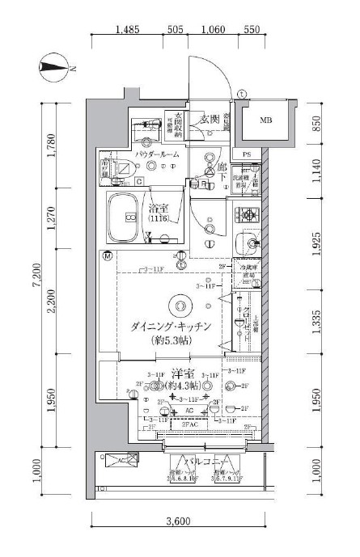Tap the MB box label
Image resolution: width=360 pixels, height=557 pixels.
tap(265, 121)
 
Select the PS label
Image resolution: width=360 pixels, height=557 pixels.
tap(247, 153)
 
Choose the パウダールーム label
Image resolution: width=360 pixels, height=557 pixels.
tap(156, 154)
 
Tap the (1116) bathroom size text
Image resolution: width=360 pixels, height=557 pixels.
tap(159, 219)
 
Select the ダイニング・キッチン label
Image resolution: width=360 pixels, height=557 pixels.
tap(171, 326)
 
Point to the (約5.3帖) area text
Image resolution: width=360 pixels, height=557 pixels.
tap(171, 340)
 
